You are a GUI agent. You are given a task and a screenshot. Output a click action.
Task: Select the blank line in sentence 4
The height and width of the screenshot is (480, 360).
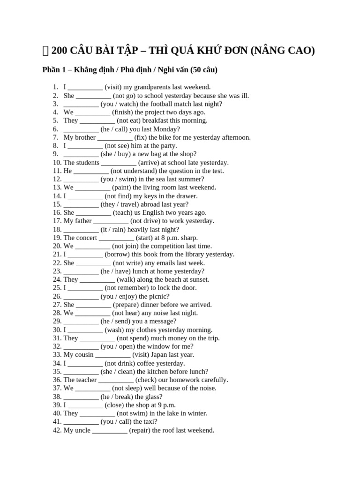tap(93, 112)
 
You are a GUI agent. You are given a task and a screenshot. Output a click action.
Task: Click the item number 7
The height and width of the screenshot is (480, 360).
tap(55, 137)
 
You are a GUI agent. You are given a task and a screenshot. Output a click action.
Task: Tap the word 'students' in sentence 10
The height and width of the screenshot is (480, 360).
tap(88, 162)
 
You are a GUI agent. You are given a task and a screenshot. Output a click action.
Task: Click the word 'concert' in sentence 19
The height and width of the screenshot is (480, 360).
tap(86, 238)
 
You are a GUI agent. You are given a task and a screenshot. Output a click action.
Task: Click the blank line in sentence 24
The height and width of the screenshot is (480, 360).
tap(97, 279)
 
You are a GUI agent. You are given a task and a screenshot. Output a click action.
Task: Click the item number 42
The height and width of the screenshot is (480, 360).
tap(57, 430)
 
